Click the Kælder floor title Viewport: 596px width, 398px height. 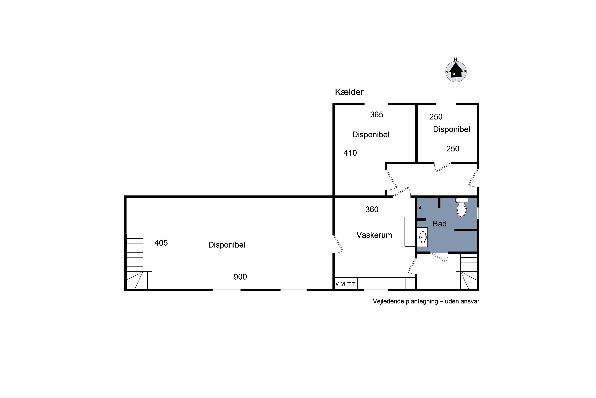point(349,92)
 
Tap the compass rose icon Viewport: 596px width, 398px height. point(456,71)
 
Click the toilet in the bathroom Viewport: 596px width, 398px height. point(462,207)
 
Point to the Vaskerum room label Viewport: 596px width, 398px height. point(374,235)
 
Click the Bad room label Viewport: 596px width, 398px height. point(439,224)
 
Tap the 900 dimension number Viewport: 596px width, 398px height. point(240,277)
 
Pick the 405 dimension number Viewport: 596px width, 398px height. point(161,243)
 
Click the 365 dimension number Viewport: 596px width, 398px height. point(376,115)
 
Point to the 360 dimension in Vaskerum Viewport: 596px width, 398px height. point(372,209)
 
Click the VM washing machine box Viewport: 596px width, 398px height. point(340,284)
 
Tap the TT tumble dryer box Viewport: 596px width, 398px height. point(352,284)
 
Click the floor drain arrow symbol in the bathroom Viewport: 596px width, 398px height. point(420,208)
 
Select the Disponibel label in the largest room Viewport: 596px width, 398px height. point(226,245)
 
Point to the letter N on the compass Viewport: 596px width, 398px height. point(455,59)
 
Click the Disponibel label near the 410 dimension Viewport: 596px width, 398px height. point(371,135)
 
